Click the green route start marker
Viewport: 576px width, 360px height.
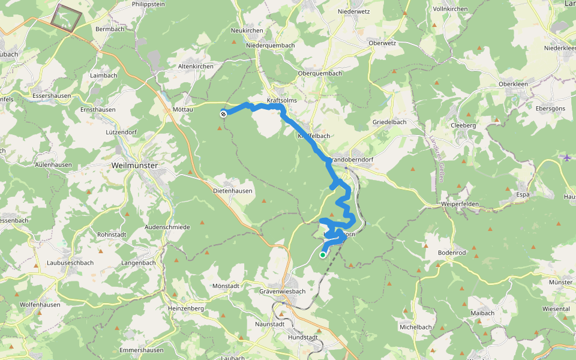pos(323,255)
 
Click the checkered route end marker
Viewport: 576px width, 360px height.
pos(223,113)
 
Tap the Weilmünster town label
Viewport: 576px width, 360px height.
pos(135,165)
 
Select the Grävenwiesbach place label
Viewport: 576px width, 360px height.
pos(283,292)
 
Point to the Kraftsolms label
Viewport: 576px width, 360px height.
pos(282,100)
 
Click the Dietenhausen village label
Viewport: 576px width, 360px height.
pos(233,191)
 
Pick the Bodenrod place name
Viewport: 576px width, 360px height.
pos(452,253)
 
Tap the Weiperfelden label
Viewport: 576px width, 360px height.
pos(460,204)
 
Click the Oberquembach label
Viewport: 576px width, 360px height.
pos(320,73)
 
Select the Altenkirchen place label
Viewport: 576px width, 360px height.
pos(196,66)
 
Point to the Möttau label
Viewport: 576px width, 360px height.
pos(182,111)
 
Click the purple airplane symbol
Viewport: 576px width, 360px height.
pos(567,158)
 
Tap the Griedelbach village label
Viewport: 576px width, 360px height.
pos(389,122)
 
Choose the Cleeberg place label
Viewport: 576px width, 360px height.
pos(463,125)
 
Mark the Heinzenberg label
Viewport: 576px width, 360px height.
pos(186,308)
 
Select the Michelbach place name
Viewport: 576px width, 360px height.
pos(416,327)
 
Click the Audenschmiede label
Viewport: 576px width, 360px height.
pos(167,227)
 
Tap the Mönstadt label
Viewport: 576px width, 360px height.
pos(226,286)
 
